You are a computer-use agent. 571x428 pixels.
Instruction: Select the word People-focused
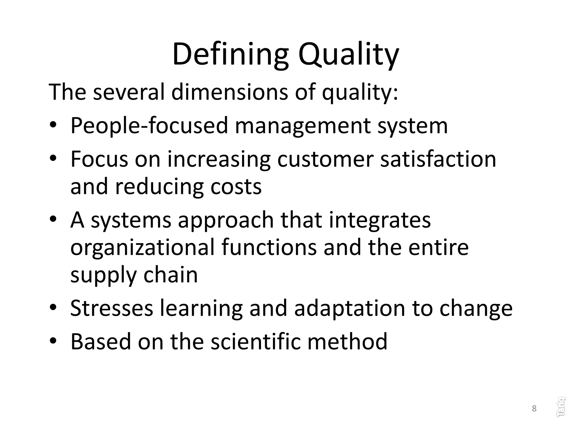click(x=149, y=126)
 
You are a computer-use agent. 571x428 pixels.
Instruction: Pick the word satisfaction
click(x=438, y=159)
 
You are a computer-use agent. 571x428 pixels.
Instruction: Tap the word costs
click(x=236, y=187)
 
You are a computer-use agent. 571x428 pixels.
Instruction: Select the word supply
click(x=103, y=275)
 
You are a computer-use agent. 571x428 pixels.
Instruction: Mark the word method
click(x=347, y=342)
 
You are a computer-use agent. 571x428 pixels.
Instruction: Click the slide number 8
click(x=534, y=408)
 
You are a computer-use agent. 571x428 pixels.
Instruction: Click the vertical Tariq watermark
click(x=561, y=407)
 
